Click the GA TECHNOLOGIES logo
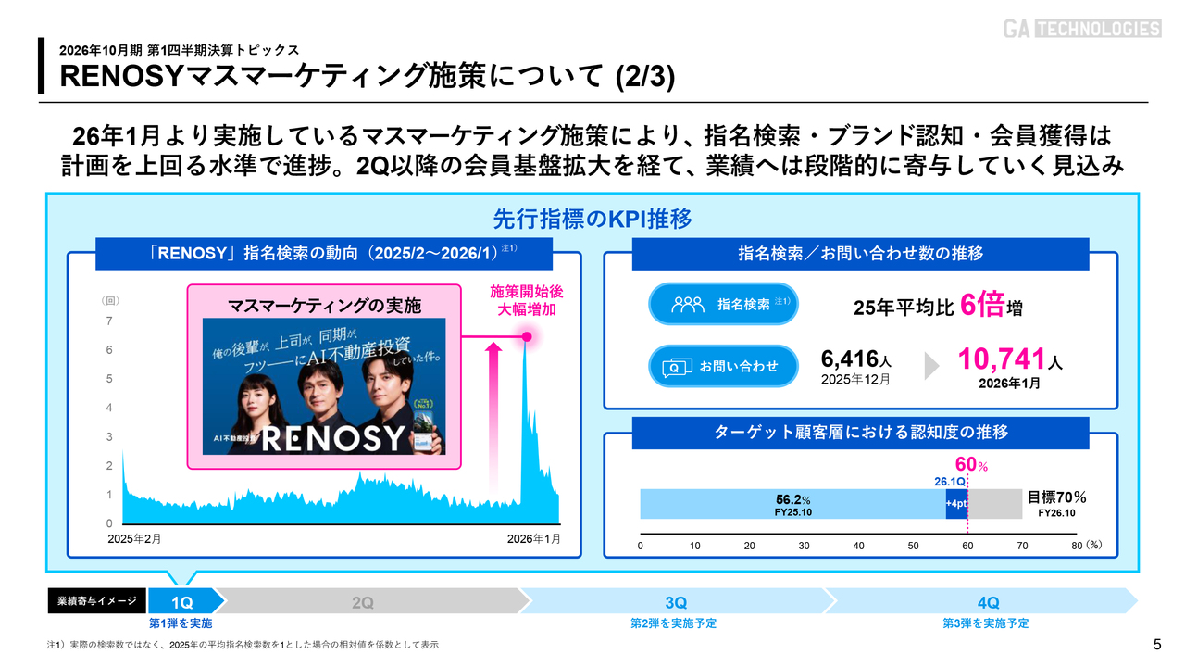tap(1081, 29)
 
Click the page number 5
tap(1156, 644)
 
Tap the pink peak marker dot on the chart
tap(527, 337)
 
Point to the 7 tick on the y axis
tap(109, 321)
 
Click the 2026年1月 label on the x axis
tap(534, 538)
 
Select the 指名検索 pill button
tap(723, 304)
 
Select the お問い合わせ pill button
tap(723, 366)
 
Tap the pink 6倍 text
tap(982, 305)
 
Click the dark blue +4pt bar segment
tap(955, 504)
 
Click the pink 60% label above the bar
tap(970, 464)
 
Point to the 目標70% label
tap(1056, 497)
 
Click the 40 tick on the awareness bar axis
tap(858, 546)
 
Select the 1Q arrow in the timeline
tap(182, 602)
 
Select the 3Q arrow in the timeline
tap(674, 602)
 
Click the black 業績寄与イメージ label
tap(97, 601)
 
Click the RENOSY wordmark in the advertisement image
tap(332, 437)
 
